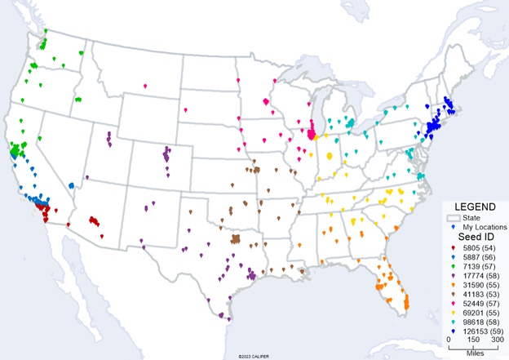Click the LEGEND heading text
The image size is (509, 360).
coord(471,207)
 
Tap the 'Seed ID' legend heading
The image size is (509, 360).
coord(471,237)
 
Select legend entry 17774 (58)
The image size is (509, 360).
coord(480,277)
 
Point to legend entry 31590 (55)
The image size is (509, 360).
coord(480,287)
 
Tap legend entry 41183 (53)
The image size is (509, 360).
coord(480,296)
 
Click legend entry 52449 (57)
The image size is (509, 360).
coord(480,306)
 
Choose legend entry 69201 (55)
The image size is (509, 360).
coord(480,316)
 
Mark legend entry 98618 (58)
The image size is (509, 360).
coord(480,326)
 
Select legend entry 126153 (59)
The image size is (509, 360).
coord(482,336)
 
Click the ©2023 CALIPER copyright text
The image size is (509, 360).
coord(254,356)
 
